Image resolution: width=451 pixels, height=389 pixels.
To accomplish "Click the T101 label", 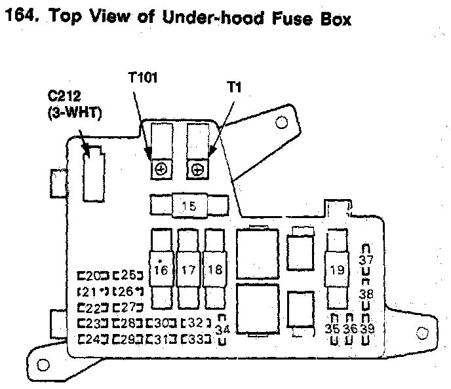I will coord(142,79).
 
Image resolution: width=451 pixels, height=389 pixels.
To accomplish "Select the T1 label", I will coord(233,86).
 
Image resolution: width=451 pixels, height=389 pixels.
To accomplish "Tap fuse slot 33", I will coord(196,339).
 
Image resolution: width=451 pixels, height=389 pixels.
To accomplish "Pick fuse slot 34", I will coord(223,329).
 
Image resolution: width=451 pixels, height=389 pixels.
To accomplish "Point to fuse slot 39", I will coord(366,329).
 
